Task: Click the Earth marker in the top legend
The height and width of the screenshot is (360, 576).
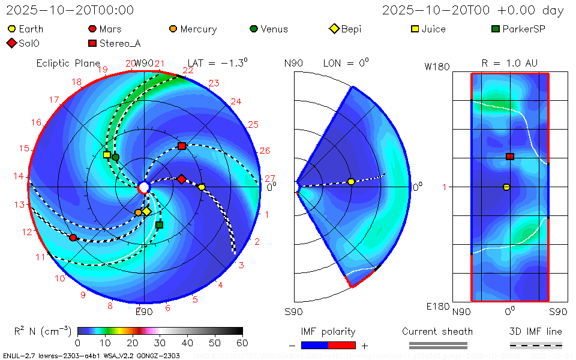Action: pyautogui.click(x=11, y=29)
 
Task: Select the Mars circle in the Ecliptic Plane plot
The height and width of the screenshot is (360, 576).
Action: pyautogui.click(x=73, y=238)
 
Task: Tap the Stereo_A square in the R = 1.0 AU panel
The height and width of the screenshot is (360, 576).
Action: pyautogui.click(x=510, y=157)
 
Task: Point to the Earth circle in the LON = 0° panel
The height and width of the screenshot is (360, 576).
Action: pyautogui.click(x=351, y=182)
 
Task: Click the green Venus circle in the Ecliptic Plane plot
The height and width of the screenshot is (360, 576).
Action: pyautogui.click(x=116, y=157)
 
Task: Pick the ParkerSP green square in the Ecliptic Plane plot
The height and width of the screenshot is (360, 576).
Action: pyautogui.click(x=159, y=225)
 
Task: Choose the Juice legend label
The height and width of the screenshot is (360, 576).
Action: pyautogui.click(x=433, y=29)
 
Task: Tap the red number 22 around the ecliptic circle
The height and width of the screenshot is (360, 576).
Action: pyautogui.click(x=188, y=71)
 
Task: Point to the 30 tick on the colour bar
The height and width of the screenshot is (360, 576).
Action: pyautogui.click(x=160, y=343)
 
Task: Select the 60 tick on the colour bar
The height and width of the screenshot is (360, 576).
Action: pyautogui.click(x=242, y=343)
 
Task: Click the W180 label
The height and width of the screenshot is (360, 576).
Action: pyautogui.click(x=437, y=67)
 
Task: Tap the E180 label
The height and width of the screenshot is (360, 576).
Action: pyautogui.click(x=437, y=307)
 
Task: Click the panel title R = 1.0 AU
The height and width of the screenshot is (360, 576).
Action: pyautogui.click(x=509, y=63)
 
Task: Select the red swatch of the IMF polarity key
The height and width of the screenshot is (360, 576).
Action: pyautogui.click(x=342, y=345)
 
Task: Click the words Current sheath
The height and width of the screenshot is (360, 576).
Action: pyautogui.click(x=437, y=331)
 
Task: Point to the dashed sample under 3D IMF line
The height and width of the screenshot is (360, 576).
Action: pyautogui.click(x=536, y=345)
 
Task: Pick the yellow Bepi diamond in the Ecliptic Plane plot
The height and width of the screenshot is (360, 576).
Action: pyautogui.click(x=146, y=211)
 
